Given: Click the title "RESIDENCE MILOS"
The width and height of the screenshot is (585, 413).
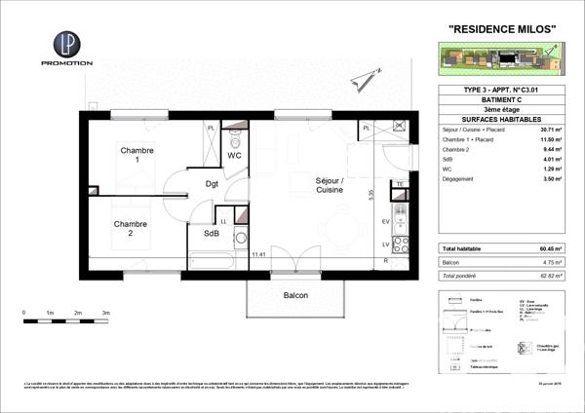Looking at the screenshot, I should coord(501,28).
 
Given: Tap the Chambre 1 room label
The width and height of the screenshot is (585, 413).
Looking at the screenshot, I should coord(137,156).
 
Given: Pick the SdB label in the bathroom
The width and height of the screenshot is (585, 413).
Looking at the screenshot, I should coord(211,234).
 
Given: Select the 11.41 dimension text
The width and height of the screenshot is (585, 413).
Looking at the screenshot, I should coord(258,255).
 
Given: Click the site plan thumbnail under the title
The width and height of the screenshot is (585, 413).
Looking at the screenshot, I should coord(498,60).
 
